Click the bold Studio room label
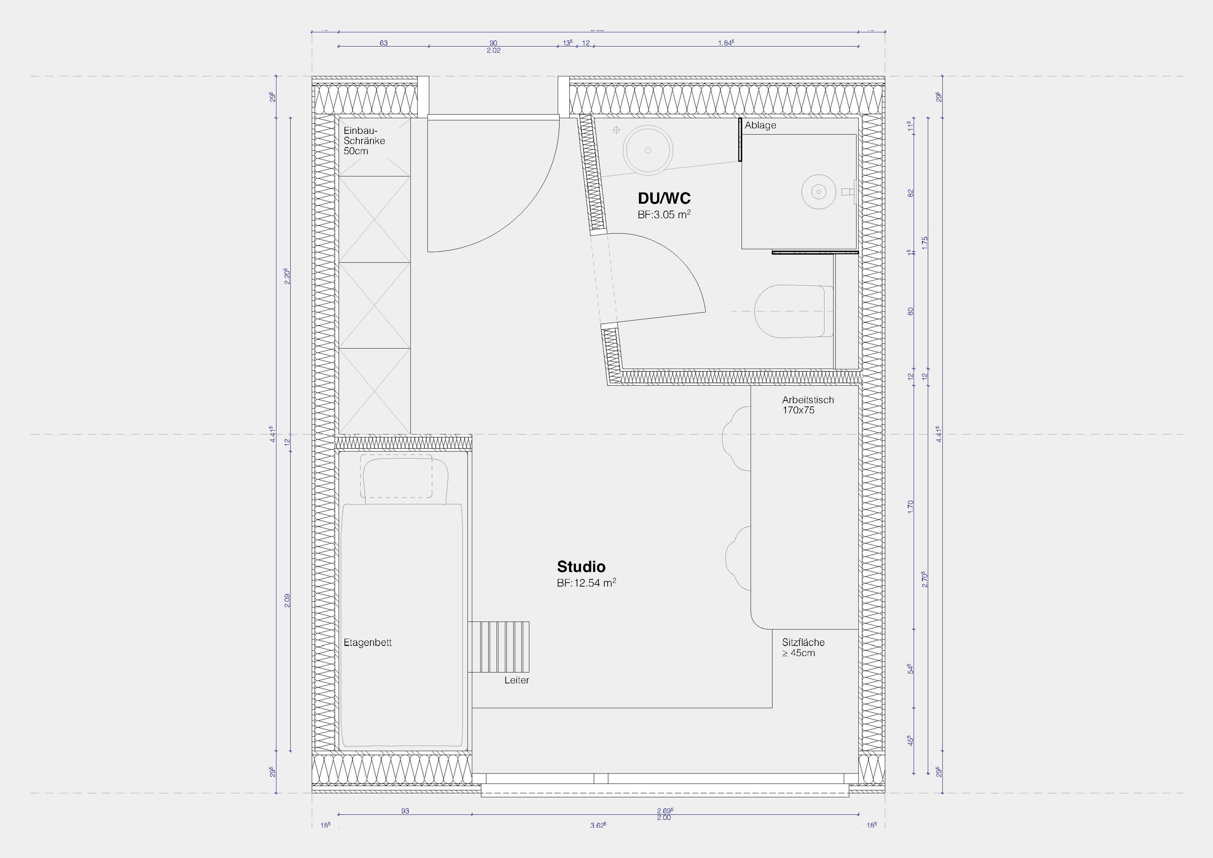581,567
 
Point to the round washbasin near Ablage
648,150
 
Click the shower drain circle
818,191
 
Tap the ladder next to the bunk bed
498,647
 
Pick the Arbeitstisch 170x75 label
808,405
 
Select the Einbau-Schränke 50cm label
364,140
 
